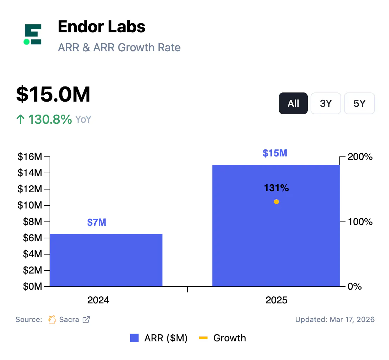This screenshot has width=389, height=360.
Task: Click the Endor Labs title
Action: tap(101, 27)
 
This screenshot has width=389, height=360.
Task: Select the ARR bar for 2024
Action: tap(106, 260)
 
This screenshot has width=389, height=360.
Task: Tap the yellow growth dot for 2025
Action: tap(276, 202)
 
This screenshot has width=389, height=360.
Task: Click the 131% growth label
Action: tap(276, 188)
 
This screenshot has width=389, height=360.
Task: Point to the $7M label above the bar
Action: tap(97, 222)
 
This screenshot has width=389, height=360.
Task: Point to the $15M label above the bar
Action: tap(275, 153)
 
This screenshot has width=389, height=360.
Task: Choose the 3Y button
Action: tap(326, 103)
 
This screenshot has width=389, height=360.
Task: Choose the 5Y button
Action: tap(359, 103)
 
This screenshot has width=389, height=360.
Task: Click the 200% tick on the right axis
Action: tap(360, 157)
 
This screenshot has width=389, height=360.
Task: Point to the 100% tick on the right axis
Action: tap(360, 222)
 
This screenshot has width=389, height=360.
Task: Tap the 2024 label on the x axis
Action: tap(98, 300)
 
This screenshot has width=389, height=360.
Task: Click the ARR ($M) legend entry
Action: tap(159, 338)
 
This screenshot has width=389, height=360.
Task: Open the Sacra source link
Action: tap(69, 320)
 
